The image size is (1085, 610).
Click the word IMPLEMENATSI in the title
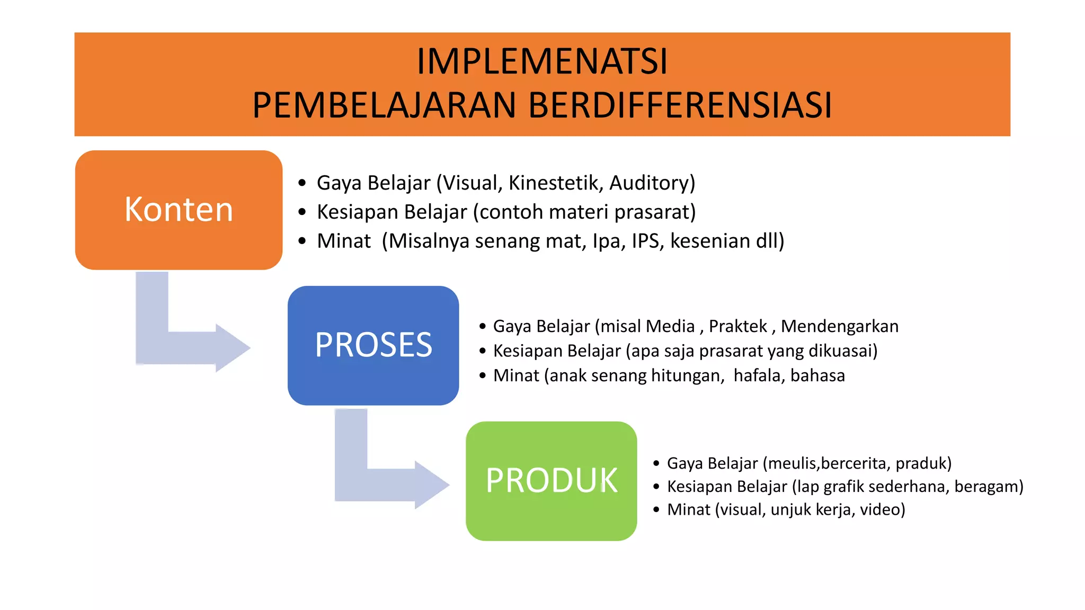tap(542, 62)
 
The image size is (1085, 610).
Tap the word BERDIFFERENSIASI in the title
tap(680, 105)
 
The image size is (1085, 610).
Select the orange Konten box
tap(179, 210)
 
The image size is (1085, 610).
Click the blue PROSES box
tap(373, 345)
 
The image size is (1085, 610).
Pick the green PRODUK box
tap(551, 481)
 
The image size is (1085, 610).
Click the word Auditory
tap(652, 183)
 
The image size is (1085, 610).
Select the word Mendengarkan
tap(839, 326)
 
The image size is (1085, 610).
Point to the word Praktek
tap(737, 326)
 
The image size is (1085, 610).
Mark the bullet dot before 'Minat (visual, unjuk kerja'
tap(656, 510)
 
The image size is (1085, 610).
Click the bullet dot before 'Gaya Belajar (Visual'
tap(302, 183)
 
